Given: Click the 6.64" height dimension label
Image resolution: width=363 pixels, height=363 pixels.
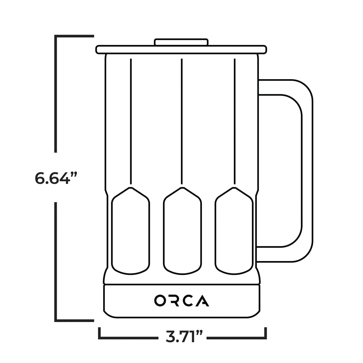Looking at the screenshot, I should coord(55,178).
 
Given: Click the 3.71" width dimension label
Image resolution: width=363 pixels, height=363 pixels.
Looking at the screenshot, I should coord(184,337).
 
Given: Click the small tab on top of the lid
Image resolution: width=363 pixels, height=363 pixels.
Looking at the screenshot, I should coord(181,42).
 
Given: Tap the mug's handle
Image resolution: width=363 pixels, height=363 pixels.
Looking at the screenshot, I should coord(307,171).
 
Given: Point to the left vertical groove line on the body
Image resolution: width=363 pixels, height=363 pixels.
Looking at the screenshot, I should coord(131,121).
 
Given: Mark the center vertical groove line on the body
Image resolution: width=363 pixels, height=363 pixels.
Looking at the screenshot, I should coord(182,121).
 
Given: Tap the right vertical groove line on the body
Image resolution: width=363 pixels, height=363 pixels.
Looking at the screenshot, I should coord(234,121).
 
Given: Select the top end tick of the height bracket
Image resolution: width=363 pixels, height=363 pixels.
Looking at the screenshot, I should coord(74,36).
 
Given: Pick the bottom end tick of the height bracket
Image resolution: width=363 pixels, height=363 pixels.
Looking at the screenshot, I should coord(74,321).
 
